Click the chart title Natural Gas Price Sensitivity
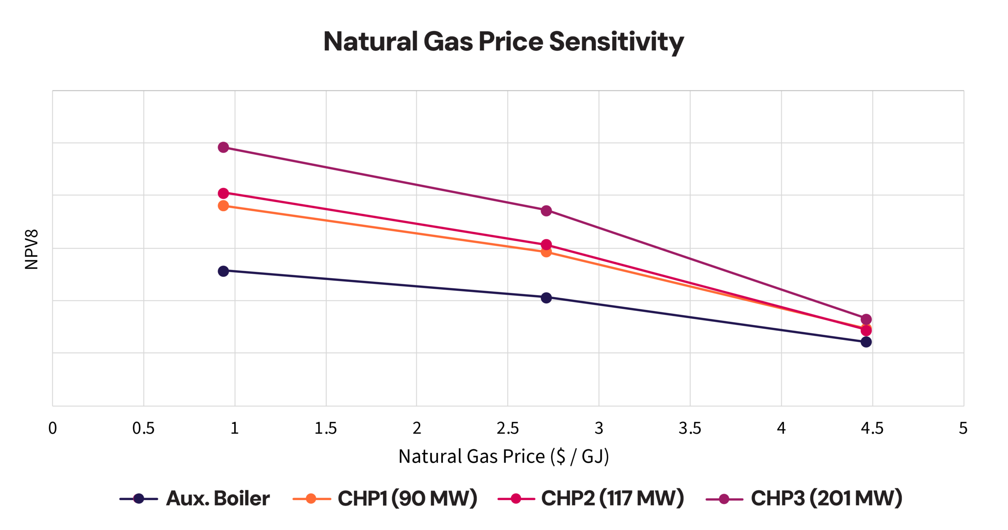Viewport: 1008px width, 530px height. tap(503, 41)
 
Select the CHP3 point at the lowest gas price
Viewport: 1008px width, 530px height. tap(223, 147)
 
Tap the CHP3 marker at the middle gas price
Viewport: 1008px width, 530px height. tap(546, 211)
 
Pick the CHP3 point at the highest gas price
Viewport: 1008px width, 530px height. tap(866, 319)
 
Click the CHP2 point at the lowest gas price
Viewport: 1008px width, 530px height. tap(223, 193)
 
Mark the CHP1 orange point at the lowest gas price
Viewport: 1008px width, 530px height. tap(223, 206)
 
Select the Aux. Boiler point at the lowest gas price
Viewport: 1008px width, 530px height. tap(223, 271)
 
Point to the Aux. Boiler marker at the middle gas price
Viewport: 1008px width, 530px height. tap(546, 297)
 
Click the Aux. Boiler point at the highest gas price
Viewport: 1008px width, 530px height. tap(866, 342)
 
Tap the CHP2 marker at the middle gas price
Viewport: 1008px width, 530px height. tap(546, 244)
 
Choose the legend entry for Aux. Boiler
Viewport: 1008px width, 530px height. tap(195, 499)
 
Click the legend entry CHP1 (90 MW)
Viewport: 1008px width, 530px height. tap(385, 499)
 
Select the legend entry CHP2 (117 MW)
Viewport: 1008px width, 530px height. tap(591, 499)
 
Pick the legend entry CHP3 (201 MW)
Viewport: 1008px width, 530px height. tap(804, 499)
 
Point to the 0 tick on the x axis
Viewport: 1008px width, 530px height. tap(52, 428)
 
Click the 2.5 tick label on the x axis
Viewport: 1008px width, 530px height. tap(508, 428)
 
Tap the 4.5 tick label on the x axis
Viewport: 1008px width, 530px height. tap(872, 428)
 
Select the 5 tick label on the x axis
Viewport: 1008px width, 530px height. tap(963, 428)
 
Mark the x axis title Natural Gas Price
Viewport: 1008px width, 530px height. tap(504, 456)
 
